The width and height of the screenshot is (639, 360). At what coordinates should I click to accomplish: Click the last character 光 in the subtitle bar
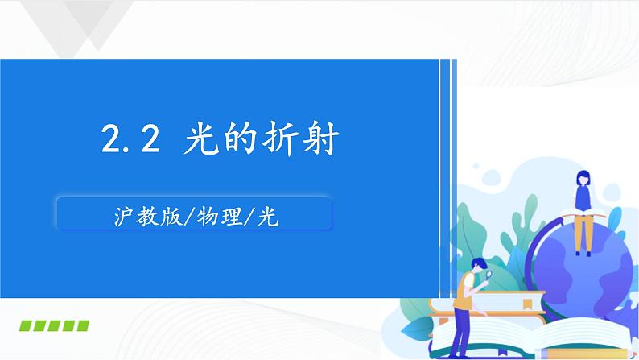[x=267, y=216]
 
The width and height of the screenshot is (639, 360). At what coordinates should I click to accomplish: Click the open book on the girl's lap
[x=581, y=213]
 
